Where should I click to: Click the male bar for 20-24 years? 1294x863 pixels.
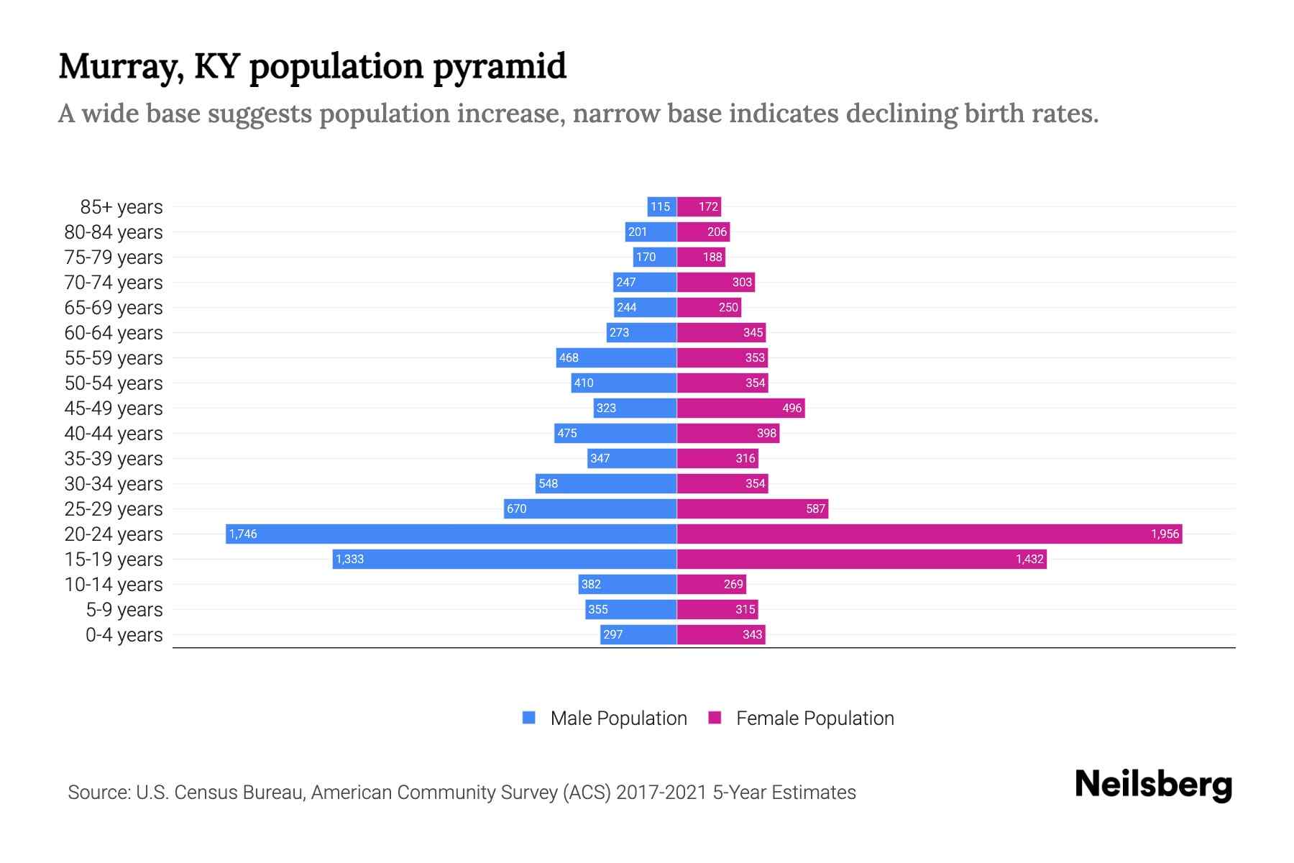451,534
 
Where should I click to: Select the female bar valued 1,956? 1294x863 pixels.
929,534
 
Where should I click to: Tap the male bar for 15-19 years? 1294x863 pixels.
504,559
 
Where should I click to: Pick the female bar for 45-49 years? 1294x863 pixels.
740,408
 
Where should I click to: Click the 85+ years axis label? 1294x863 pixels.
121,207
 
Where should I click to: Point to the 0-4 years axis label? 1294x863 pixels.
124,635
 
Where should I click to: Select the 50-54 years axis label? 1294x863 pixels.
114,383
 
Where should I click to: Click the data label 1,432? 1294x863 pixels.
1029,559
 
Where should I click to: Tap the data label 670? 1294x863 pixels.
516,508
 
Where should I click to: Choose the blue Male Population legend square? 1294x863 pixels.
529,718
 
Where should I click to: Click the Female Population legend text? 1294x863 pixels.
815,718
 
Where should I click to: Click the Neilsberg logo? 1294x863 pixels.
1153,785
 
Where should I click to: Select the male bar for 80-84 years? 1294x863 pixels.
651,232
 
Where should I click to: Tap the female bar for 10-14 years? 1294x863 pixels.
711,584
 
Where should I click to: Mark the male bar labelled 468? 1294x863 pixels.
616,357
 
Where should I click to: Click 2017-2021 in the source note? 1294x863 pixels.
661,793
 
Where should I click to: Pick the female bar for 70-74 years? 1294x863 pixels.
715,282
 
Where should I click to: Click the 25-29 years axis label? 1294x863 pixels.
114,509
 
